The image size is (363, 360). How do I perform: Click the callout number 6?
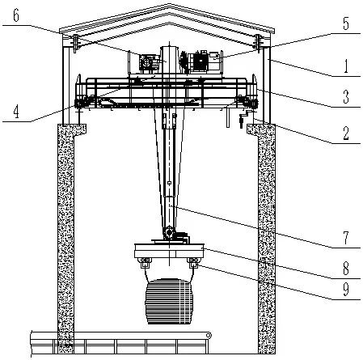pyautogui.click(x=16, y=16)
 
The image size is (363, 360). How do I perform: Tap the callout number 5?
pyautogui.click(x=346, y=23)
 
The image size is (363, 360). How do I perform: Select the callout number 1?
pyautogui.click(x=346, y=66)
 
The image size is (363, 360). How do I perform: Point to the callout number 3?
pyautogui.click(x=346, y=97)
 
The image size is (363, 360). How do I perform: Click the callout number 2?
pyautogui.click(x=346, y=133)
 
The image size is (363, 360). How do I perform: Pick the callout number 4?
pyautogui.click(x=16, y=112)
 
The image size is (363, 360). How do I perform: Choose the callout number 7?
pyautogui.click(x=346, y=238)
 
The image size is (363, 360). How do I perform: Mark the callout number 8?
pyautogui.click(x=346, y=269)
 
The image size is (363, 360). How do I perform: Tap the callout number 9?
pyautogui.click(x=346, y=289)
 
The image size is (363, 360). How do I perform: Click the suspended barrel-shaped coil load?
pyautogui.click(x=169, y=301)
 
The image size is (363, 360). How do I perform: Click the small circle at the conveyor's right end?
pyautogui.click(x=208, y=336)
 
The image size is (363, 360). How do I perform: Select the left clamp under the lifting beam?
pyautogui.click(x=145, y=263)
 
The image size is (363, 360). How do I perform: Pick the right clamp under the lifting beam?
pyautogui.click(x=194, y=263)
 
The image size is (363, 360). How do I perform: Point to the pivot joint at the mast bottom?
pyautogui.click(x=169, y=232)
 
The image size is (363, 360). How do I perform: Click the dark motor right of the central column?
pyautogui.click(x=200, y=61)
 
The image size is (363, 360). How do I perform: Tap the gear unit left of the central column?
pyautogui.click(x=147, y=63)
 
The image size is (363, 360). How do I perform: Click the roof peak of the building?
pyautogui.click(x=169, y=4)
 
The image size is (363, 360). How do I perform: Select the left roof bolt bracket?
pyautogui.click(x=75, y=43)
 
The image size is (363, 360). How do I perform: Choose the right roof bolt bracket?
pyautogui.click(x=258, y=43)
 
